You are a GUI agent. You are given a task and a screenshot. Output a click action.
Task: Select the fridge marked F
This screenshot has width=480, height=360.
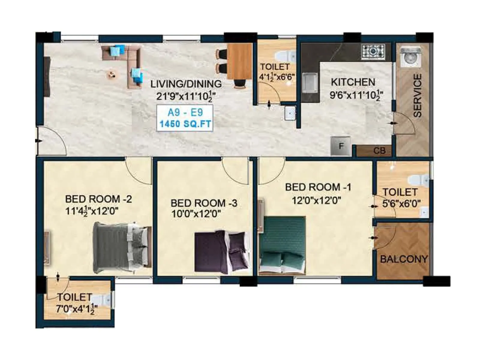point(340,146)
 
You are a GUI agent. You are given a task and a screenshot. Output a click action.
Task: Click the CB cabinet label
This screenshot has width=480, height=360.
point(379,151)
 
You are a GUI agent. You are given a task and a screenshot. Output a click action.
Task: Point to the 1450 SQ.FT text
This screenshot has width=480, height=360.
point(185,124)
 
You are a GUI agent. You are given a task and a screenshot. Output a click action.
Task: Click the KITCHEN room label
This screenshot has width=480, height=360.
point(353,82)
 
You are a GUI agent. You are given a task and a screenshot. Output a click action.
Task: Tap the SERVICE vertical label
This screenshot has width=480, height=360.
point(417,95)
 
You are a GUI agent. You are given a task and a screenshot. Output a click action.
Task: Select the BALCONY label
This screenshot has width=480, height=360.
point(404,259)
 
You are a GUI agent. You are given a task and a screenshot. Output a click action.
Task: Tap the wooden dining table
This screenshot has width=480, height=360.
point(239,61)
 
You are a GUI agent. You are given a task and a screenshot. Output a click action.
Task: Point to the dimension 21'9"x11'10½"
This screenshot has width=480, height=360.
point(186,96)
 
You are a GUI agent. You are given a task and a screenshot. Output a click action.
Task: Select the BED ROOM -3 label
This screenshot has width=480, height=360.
point(204,203)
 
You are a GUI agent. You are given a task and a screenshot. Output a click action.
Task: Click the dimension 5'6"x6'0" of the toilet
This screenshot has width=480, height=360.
point(401,204)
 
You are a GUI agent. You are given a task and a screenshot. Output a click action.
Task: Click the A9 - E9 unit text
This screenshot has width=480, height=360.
point(185,112)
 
